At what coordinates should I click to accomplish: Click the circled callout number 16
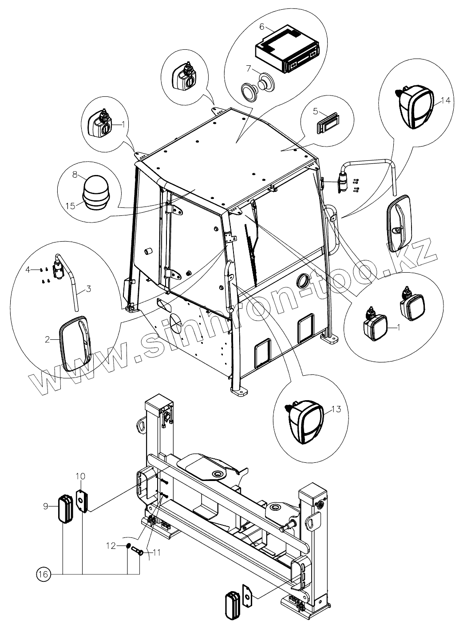tap(43, 574)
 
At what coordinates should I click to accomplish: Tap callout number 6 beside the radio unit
tap(262, 27)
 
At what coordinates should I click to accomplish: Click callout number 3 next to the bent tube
tap(88, 289)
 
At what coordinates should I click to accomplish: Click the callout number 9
tap(46, 505)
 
